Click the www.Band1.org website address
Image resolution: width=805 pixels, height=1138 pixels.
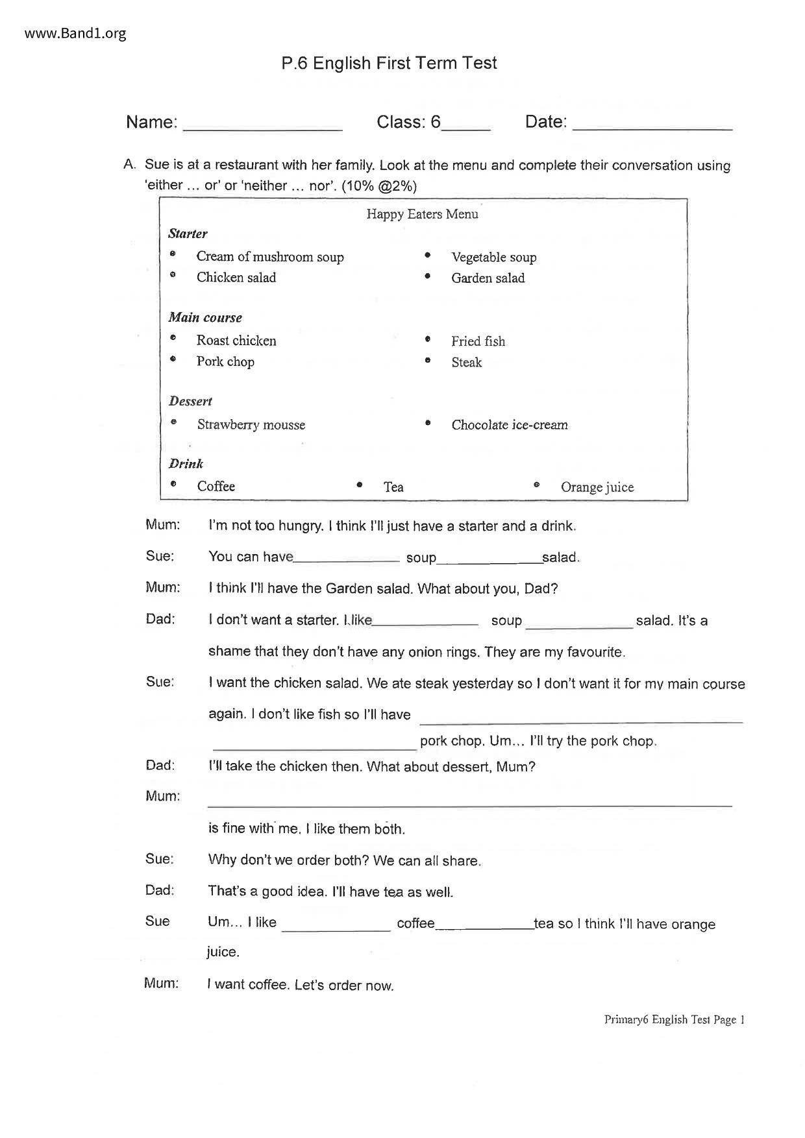coord(75,34)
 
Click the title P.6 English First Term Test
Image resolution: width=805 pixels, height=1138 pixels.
coord(389,63)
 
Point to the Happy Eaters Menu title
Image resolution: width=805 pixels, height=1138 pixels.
coord(422,214)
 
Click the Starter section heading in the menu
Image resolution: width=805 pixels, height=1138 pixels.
coord(188,234)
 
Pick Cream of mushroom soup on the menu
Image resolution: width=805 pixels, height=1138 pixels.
coord(270,257)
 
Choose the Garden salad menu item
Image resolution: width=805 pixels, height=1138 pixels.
coord(488,278)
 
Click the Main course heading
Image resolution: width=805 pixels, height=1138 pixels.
coord(205,317)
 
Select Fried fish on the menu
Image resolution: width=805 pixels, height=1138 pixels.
coord(478,341)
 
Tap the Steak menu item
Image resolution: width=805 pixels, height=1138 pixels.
coord(466,362)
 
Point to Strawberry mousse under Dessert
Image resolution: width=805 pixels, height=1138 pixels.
coord(251,425)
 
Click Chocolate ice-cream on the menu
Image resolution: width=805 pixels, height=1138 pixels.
coord(509,425)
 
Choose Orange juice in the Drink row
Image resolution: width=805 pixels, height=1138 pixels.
coord(597,487)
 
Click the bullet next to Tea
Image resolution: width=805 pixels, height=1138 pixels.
coord(360,485)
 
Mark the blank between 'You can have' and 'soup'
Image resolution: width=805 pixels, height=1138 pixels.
coord(347,559)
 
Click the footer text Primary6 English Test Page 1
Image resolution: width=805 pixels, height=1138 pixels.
coord(674,1019)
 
